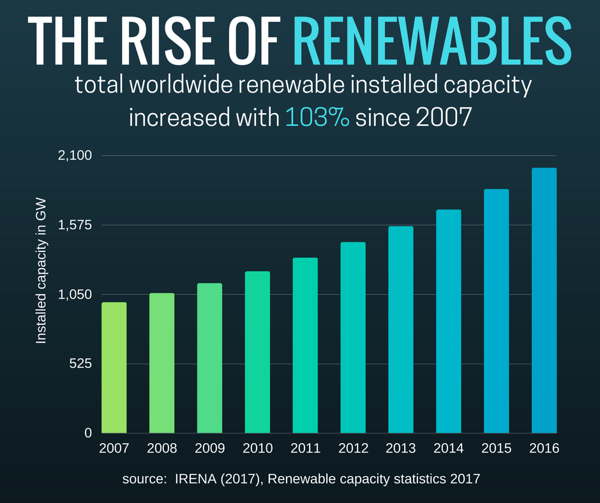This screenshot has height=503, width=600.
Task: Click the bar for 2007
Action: [114, 368]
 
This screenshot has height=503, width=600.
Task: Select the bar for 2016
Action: [544, 301]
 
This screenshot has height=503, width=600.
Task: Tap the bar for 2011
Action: [305, 345]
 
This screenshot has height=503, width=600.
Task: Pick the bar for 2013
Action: [401, 329]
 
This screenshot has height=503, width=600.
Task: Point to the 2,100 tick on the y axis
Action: [75, 156]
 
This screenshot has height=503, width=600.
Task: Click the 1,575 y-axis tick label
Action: [75, 225]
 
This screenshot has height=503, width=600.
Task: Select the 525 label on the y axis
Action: [80, 364]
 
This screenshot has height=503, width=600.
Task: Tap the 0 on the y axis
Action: [89, 433]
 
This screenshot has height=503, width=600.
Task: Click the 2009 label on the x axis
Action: [209, 448]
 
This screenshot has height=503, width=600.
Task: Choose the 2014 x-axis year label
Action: [449, 448]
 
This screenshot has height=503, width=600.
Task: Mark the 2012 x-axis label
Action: [353, 448]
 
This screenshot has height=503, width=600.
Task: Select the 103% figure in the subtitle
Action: [317, 117]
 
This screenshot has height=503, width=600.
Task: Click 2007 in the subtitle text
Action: [438, 117]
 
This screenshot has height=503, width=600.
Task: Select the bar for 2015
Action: [496, 312]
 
